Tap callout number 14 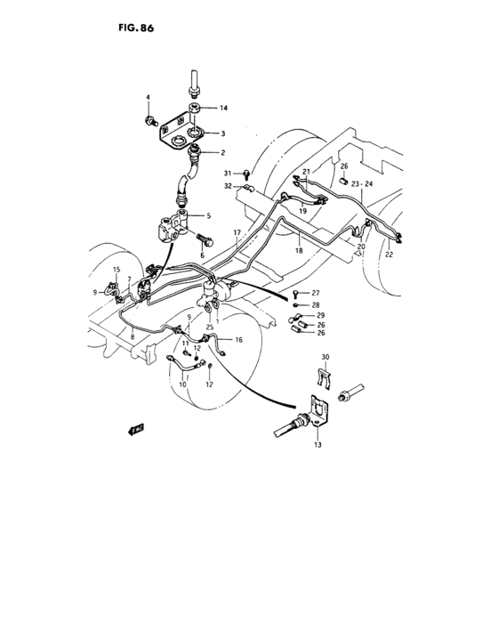click(x=223, y=108)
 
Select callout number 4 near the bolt click(x=149, y=96)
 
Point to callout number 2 click(x=223, y=153)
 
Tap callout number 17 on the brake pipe click(x=237, y=233)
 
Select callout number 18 click(x=298, y=252)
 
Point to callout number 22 click(x=389, y=255)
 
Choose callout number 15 click(x=116, y=269)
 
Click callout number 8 click(x=133, y=337)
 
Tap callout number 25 click(x=210, y=327)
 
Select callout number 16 click(x=238, y=340)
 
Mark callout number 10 click(x=182, y=384)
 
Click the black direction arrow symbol click(x=137, y=429)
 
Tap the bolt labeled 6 click(x=205, y=240)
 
